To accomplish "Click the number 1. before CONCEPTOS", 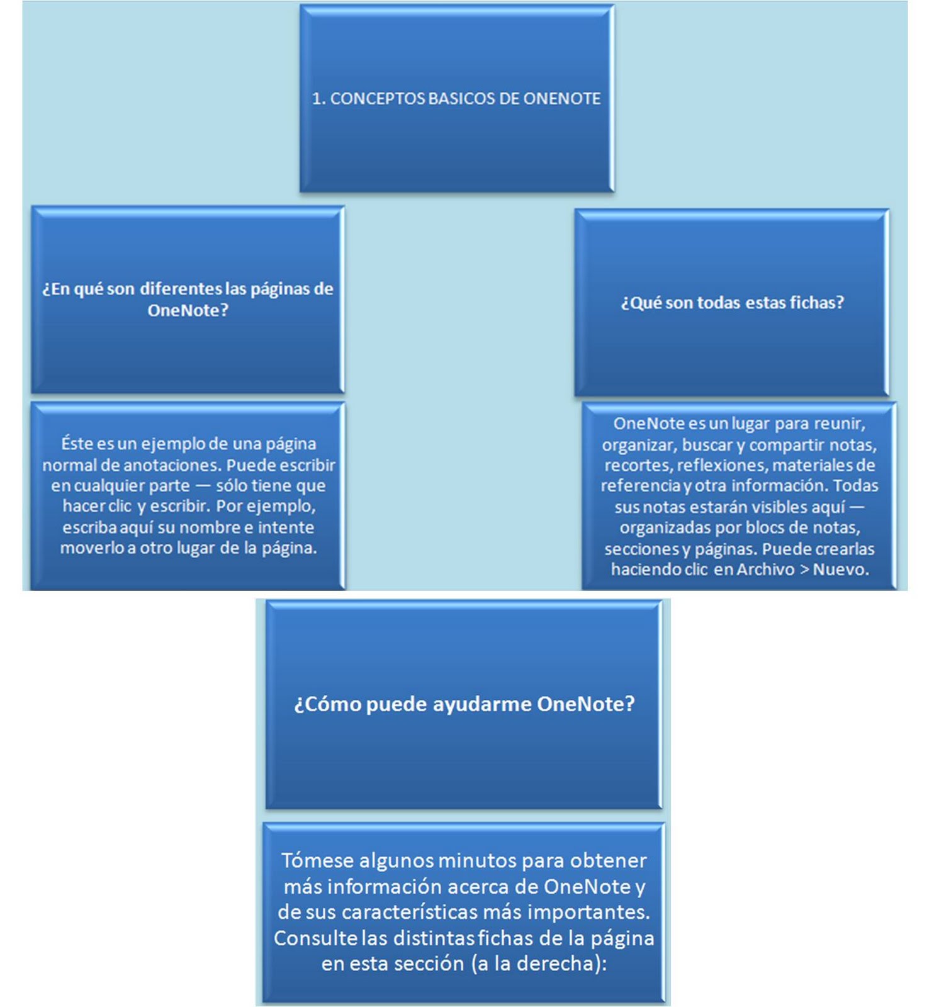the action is coord(318,99).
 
